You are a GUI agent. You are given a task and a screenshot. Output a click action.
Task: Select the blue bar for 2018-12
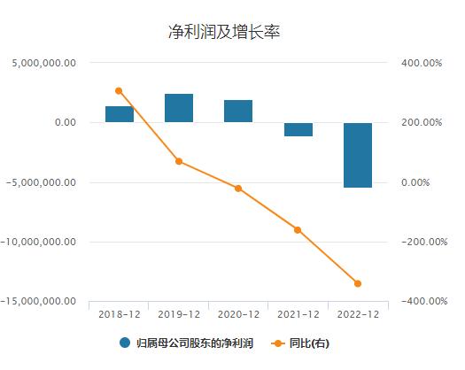tap(120, 114)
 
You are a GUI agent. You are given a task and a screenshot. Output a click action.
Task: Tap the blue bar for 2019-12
tap(179, 108)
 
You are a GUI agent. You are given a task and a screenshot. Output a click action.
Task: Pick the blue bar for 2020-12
tap(238, 112)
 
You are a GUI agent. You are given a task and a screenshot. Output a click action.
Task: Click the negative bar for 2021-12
tap(298, 129)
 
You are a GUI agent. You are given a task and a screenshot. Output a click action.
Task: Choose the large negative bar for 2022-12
tap(358, 155)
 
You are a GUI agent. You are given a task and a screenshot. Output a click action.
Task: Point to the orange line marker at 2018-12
tap(119, 90)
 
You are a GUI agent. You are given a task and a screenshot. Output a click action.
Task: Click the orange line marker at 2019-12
tap(179, 161)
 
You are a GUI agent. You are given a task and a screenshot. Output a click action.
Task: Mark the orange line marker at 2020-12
tap(238, 189)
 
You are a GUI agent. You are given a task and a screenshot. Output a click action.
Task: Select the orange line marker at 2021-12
tap(298, 230)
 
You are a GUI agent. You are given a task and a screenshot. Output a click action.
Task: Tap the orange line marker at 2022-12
tap(358, 284)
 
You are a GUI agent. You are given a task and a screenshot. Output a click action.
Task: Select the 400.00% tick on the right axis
tap(418, 63)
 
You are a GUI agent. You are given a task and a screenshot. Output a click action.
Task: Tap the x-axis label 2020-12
tap(238, 314)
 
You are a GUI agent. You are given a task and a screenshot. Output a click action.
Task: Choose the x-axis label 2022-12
tap(358, 314)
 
